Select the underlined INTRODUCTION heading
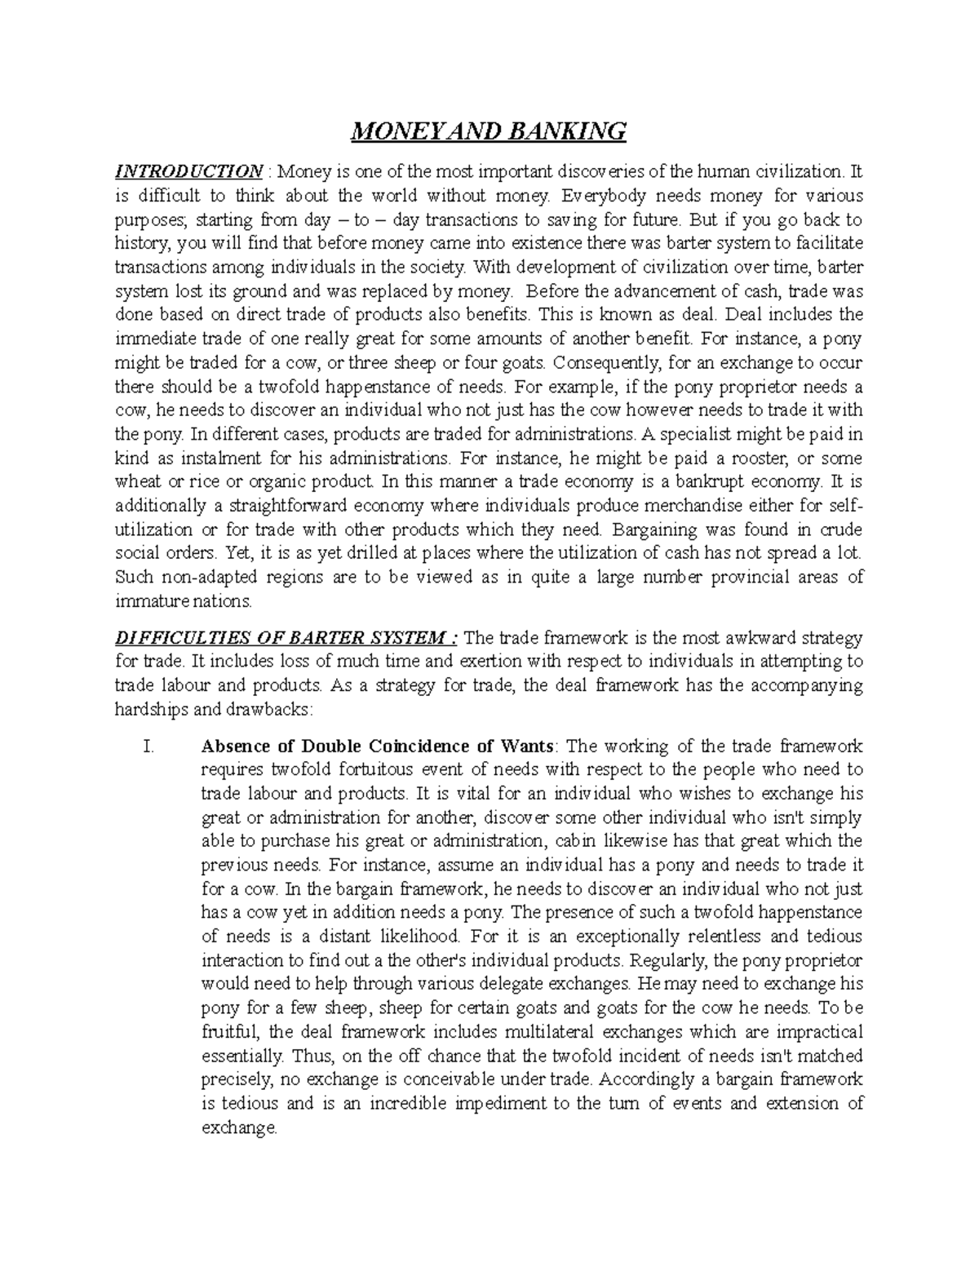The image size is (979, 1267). point(188,172)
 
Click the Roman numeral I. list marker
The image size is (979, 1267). point(147,746)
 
